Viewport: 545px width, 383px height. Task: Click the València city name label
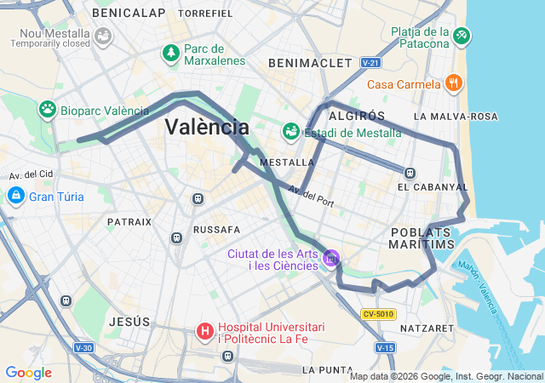[x=207, y=128]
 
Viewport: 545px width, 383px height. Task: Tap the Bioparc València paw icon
[x=48, y=110]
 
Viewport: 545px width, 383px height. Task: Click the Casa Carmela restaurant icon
[x=453, y=83]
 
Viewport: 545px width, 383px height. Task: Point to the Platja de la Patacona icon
[x=461, y=36]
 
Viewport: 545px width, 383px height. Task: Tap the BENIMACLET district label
[x=309, y=63]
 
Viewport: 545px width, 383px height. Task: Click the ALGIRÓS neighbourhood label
[x=358, y=116]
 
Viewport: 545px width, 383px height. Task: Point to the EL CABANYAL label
[x=433, y=186]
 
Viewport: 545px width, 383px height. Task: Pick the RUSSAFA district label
[x=217, y=230]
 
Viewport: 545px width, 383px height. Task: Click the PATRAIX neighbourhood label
[x=129, y=221]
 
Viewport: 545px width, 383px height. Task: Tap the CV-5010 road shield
[x=378, y=314]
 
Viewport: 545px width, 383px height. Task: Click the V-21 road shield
[x=370, y=63]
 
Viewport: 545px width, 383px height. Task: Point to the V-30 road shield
[x=83, y=347]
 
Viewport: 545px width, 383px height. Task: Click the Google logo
[x=28, y=373]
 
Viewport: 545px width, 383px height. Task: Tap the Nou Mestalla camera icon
[x=104, y=37]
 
